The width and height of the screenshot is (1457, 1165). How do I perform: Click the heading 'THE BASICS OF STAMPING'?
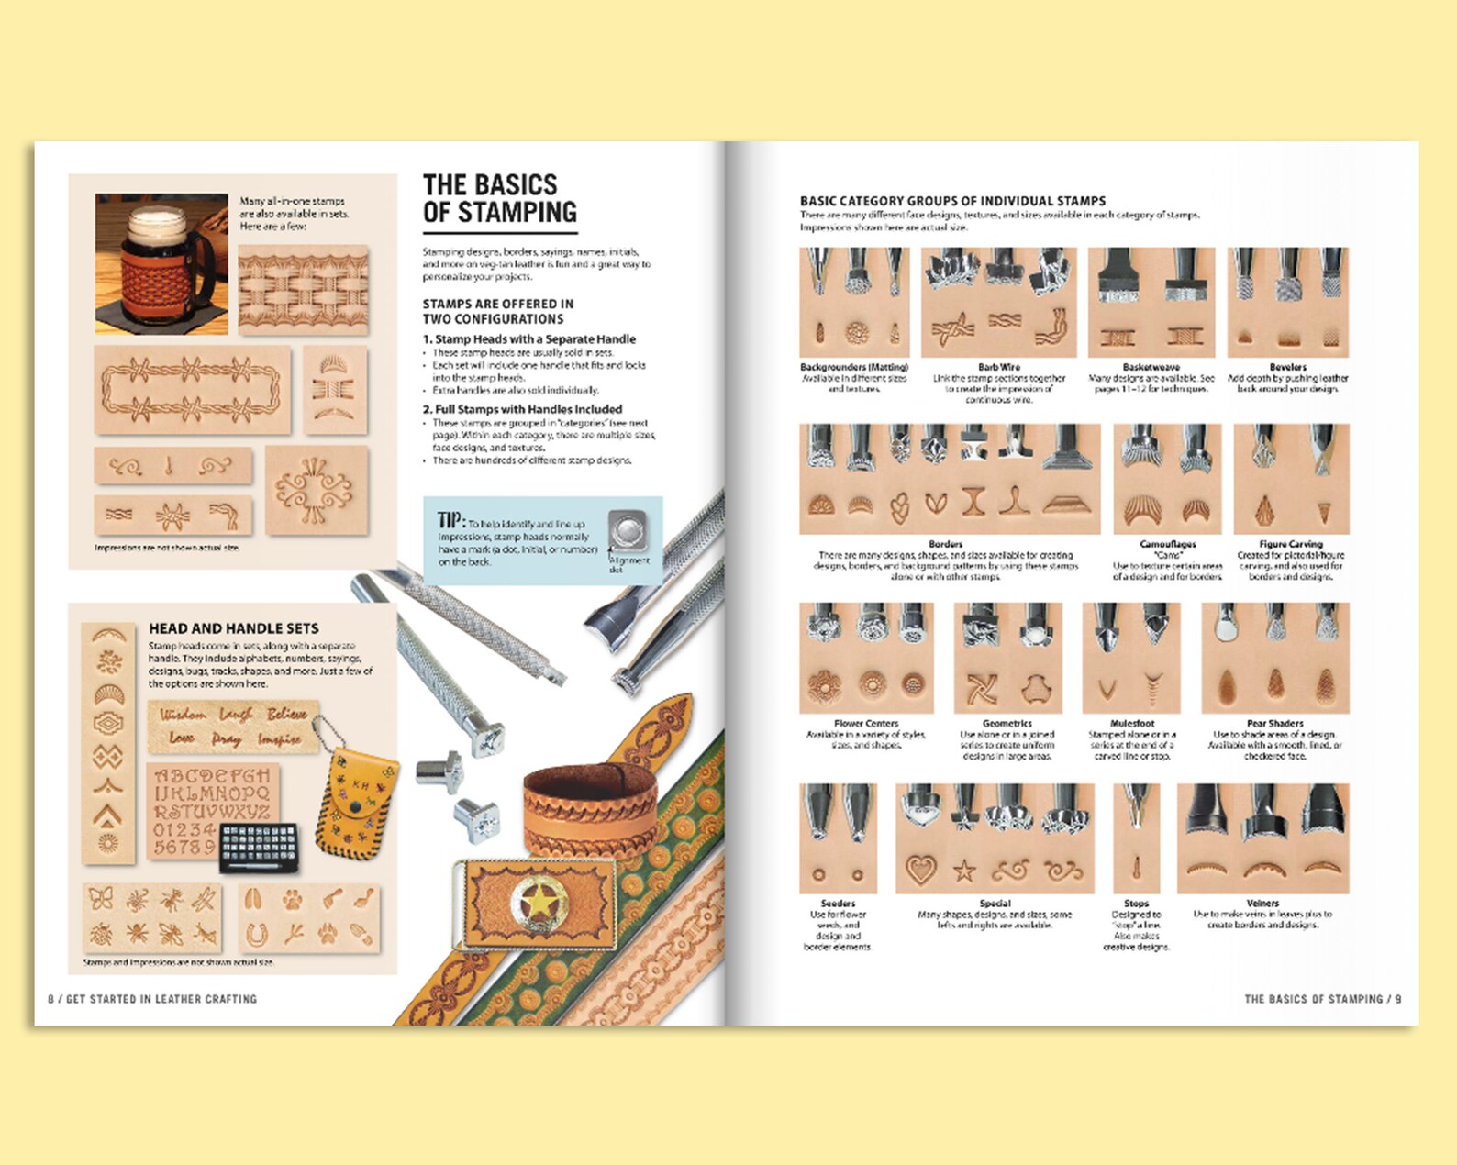pos(499,198)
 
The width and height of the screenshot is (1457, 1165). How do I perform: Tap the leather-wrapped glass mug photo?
pos(161,263)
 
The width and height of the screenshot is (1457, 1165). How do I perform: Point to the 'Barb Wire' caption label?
pos(998,367)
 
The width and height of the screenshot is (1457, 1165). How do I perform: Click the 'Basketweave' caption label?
pos(1151,367)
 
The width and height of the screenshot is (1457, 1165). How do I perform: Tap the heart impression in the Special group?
pos(919,868)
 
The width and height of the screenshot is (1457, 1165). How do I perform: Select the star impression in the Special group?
pos(963,870)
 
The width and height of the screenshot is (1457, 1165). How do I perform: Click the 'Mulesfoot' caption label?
pos(1131,724)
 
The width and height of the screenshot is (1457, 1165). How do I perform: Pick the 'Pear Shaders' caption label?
pos(1274,724)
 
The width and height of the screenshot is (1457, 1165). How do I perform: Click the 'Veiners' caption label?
pos(1262,904)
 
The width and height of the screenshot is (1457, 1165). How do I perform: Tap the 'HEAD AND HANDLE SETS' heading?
pos(234,628)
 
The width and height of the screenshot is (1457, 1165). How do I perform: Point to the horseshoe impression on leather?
pos(257,935)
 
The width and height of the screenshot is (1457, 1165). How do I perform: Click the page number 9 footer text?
pos(1322,999)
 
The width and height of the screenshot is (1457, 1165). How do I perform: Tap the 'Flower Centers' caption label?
pos(866,724)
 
